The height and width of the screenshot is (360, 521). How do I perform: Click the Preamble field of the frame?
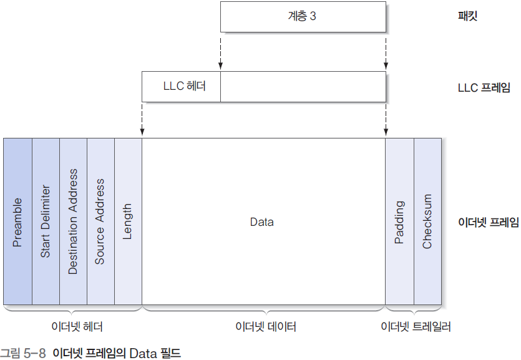click(17, 221)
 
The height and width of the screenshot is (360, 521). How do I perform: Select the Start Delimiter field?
click(46, 221)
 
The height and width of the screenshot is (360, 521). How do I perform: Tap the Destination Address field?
click(73, 221)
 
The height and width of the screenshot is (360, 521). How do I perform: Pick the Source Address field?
click(100, 221)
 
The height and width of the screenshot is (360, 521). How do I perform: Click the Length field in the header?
click(128, 221)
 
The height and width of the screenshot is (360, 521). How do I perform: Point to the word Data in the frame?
click(261, 221)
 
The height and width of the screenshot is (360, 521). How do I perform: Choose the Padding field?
click(399, 221)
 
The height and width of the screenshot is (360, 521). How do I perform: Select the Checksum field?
click(427, 221)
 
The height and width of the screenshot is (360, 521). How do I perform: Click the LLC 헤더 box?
click(181, 87)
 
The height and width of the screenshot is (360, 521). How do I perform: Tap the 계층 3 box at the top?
click(302, 16)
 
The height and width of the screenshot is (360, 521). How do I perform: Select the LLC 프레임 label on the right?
click(484, 88)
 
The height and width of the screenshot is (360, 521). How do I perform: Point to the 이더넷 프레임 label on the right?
click(488, 221)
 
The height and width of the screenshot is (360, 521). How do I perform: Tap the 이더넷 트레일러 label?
click(416, 327)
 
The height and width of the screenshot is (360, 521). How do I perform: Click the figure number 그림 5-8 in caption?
click(24, 354)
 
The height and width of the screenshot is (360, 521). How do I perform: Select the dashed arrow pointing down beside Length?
click(142, 119)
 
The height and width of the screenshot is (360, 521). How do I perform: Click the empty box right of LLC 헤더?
click(303, 87)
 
